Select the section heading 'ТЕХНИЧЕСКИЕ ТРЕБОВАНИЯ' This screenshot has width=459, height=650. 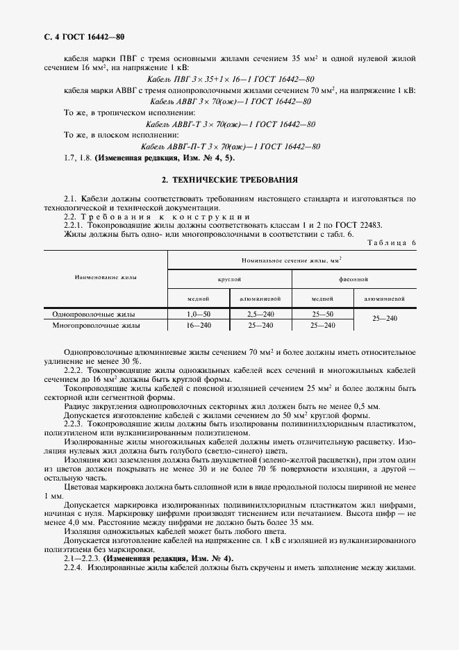(235, 179)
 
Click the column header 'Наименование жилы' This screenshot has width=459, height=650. (106, 277)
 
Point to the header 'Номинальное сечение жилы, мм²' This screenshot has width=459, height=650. (292, 259)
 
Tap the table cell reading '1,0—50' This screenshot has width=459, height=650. (199, 315)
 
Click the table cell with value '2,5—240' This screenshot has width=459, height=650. (260, 315)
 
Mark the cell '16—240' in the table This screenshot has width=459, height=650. (199, 325)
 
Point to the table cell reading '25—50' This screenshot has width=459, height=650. (322, 315)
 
